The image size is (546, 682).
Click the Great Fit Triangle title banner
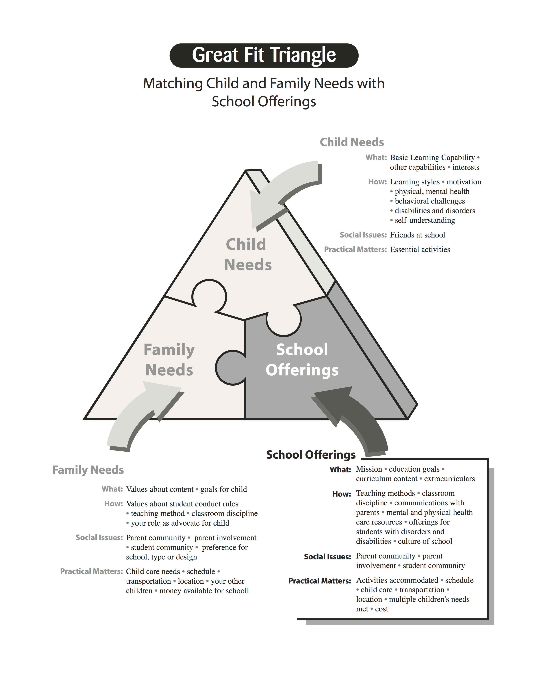(x=264, y=55)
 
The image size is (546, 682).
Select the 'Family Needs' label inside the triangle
(x=169, y=360)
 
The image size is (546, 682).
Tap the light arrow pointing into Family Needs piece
(x=139, y=418)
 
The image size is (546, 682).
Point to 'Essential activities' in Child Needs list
(x=420, y=250)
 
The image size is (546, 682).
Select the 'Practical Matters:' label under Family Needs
(x=92, y=571)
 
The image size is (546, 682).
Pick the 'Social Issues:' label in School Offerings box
(x=327, y=557)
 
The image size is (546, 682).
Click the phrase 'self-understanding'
(x=425, y=220)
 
